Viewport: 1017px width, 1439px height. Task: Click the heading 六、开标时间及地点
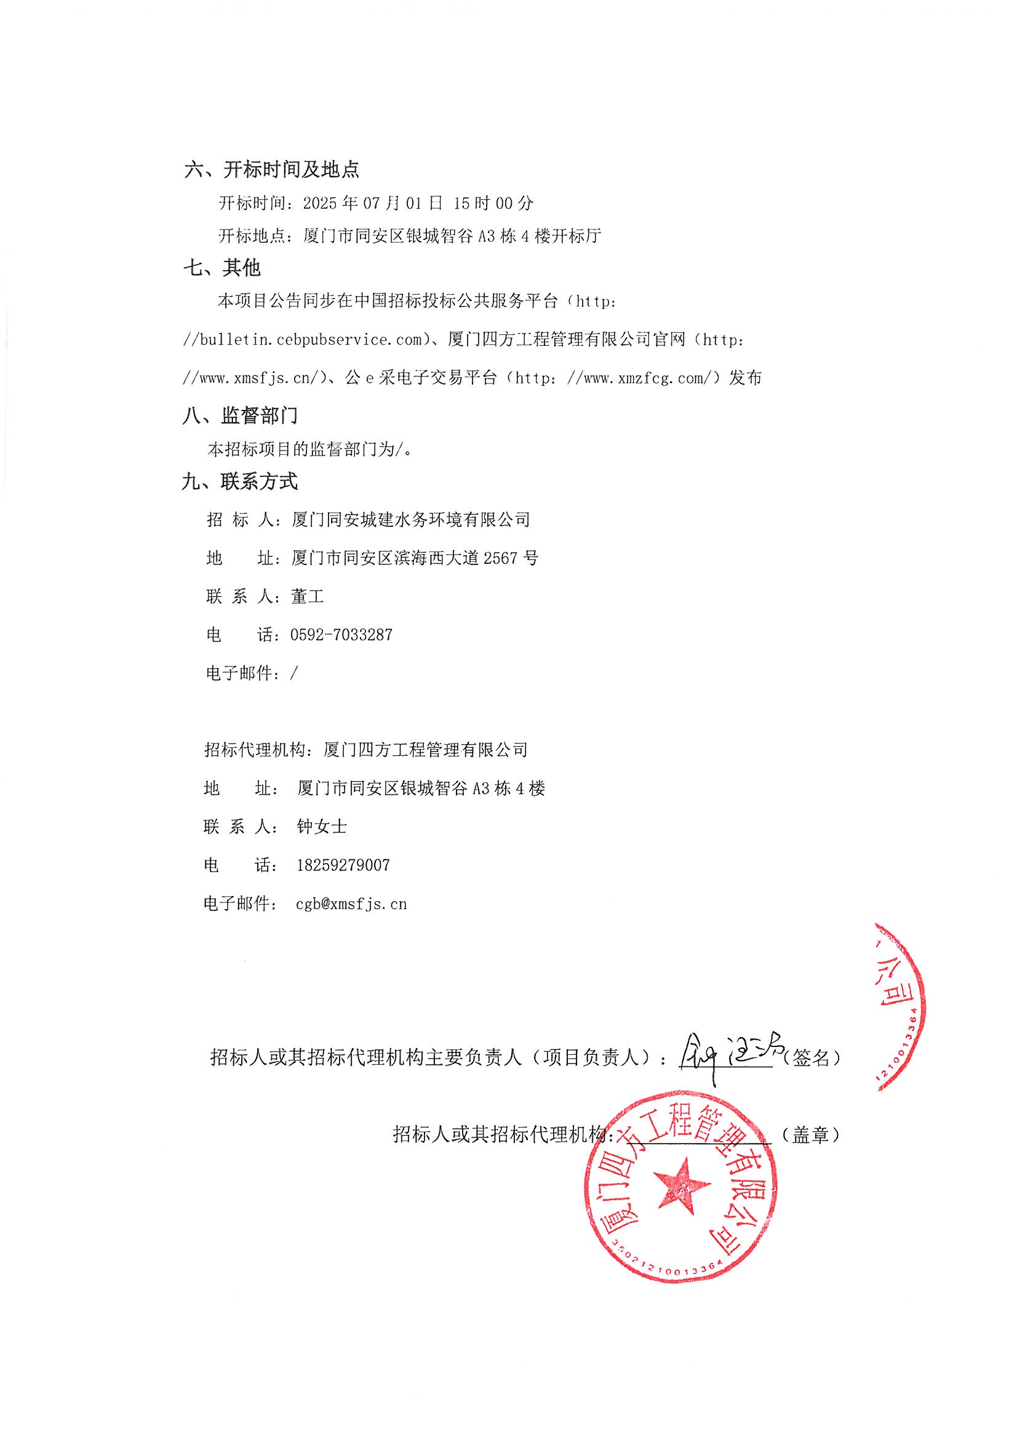pyautogui.click(x=271, y=169)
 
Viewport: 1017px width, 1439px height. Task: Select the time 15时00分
pyautogui.click(x=493, y=203)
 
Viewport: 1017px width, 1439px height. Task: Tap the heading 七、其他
pyautogui.click(x=222, y=268)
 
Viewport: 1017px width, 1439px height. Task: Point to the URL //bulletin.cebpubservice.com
pyautogui.click(x=303, y=340)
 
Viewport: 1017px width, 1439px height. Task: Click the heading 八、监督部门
pyautogui.click(x=240, y=415)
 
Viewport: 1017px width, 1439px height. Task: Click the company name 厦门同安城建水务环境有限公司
pyautogui.click(x=411, y=519)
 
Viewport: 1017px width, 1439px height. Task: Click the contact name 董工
pyautogui.click(x=308, y=596)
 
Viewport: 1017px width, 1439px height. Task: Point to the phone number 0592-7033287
pyautogui.click(x=341, y=635)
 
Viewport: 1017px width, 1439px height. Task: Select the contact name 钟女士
pyautogui.click(x=321, y=827)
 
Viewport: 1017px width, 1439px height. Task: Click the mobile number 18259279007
pyautogui.click(x=343, y=865)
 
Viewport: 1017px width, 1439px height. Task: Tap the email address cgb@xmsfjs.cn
pyautogui.click(x=351, y=904)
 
